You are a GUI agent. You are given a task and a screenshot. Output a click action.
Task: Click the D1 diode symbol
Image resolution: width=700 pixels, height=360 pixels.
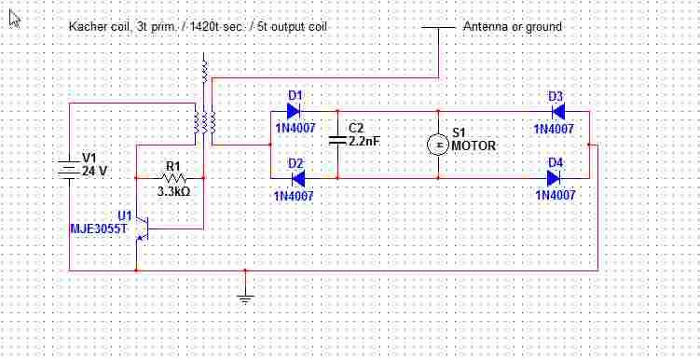tap(293, 111)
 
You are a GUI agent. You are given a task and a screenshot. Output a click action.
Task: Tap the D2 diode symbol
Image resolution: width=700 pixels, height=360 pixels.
tap(297, 178)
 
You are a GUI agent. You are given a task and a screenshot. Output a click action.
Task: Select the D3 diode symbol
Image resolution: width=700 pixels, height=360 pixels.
tap(557, 111)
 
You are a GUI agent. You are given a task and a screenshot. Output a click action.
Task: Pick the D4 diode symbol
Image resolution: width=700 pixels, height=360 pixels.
tap(554, 178)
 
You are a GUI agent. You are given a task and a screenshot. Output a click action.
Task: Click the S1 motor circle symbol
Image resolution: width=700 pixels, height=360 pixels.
tap(438, 145)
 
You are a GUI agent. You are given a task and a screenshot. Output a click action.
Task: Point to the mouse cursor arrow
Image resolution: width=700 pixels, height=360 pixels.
tap(14, 19)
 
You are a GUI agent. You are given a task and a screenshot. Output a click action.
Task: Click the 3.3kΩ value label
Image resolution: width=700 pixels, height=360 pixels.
tap(173, 192)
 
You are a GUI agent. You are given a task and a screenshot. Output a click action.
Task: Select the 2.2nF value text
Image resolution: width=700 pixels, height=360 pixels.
tap(364, 142)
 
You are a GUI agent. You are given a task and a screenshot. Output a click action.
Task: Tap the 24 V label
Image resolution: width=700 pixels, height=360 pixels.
tap(94, 171)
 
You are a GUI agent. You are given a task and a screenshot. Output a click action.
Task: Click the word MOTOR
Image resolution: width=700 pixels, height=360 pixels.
tap(474, 146)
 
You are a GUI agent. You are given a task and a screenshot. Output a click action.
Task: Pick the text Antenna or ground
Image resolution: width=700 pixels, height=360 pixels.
tap(513, 27)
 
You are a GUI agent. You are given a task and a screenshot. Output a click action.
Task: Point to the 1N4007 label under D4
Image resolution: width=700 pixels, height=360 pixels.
tap(556, 195)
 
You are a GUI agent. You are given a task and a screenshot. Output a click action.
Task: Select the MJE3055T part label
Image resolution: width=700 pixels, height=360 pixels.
tap(99, 229)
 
